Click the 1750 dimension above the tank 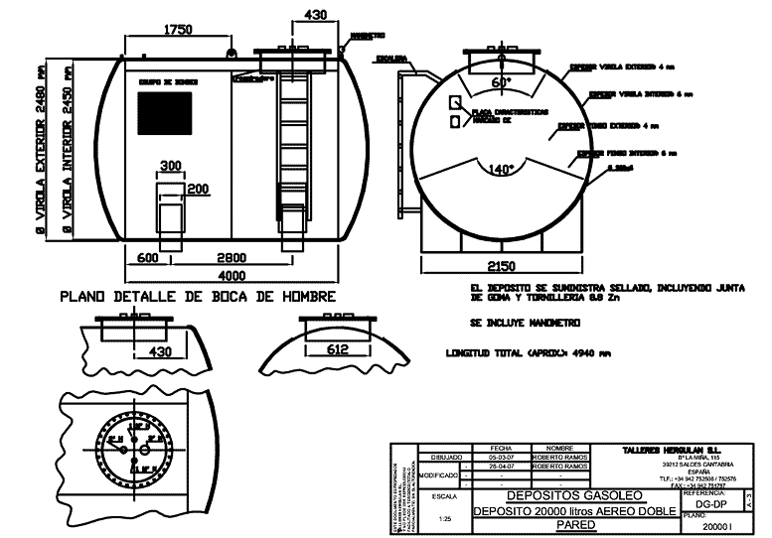coord(178,30)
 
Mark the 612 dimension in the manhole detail coord(337,348)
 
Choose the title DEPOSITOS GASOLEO coord(574,494)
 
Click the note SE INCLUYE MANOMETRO coord(526,323)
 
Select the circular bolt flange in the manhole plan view coord(128,452)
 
